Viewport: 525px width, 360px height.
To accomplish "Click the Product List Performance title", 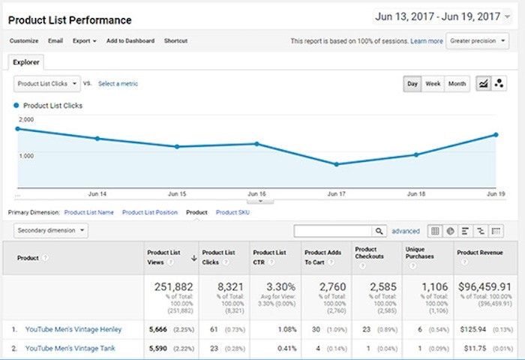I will click(70, 20).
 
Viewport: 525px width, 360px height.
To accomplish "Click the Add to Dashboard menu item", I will click(130, 40).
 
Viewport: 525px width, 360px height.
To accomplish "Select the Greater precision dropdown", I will click(478, 41).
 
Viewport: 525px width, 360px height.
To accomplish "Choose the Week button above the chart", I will click(433, 84).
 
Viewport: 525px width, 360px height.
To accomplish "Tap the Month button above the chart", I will click(457, 84).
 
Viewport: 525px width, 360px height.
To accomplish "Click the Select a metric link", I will click(118, 83).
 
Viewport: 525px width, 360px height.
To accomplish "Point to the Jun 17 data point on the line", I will click(336, 164).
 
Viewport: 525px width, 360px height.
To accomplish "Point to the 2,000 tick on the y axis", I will click(26, 120).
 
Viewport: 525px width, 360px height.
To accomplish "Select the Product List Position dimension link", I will click(150, 212).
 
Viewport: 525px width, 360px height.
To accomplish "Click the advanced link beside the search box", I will click(406, 232).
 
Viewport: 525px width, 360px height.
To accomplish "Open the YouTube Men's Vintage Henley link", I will click(73, 328).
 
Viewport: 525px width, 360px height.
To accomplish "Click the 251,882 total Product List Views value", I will click(173, 288).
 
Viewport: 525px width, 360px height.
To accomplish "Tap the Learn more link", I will click(427, 41).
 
